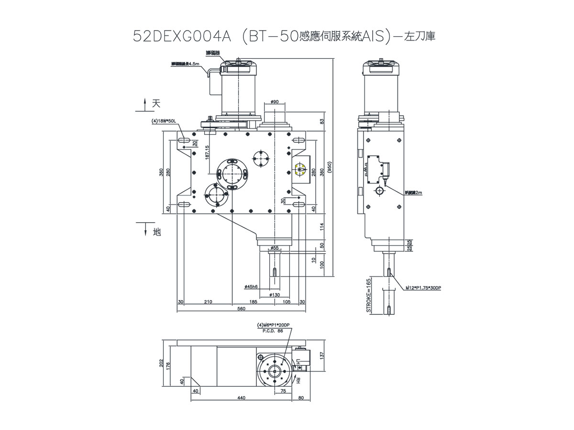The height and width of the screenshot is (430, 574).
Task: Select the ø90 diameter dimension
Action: [x=275, y=102]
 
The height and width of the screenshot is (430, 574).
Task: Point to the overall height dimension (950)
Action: [x=330, y=167]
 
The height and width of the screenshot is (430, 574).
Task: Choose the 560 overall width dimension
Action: [x=241, y=309]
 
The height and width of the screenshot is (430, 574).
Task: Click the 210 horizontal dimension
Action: [x=208, y=302]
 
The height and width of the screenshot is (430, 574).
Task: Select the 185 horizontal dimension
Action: [x=253, y=302]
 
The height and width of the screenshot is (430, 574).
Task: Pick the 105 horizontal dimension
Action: [x=287, y=302]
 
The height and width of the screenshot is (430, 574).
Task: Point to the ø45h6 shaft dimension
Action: [x=251, y=287]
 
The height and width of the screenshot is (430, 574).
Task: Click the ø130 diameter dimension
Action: [x=275, y=295]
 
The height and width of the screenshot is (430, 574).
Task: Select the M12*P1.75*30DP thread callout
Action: [x=424, y=289]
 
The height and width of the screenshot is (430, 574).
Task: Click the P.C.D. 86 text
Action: [x=274, y=330]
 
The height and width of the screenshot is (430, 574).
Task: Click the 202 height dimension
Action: [x=162, y=364]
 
